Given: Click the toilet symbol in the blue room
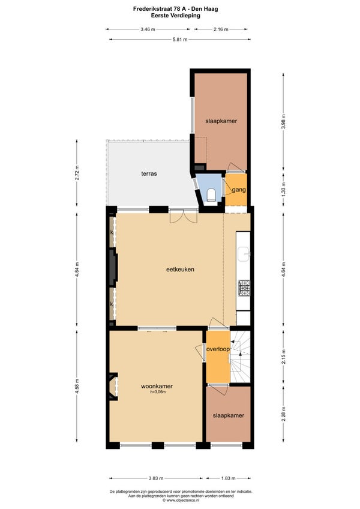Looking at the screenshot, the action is click(211, 194).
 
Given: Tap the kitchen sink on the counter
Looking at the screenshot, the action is click(243, 253).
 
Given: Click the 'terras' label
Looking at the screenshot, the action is click(149, 173).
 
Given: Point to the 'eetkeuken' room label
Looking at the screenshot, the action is click(180, 269).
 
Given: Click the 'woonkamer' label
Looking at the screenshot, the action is click(157, 387).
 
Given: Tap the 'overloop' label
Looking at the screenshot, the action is click(218, 349).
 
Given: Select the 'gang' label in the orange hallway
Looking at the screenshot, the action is click(239, 190).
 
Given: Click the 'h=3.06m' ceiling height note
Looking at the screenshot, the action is click(158, 392).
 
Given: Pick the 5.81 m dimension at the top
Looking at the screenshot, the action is click(180, 40).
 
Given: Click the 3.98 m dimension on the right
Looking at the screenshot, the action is click(283, 121).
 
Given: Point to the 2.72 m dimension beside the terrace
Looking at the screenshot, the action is click(77, 173).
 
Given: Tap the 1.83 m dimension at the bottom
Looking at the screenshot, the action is click(228, 478).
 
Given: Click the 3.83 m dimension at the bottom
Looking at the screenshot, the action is click(156, 478).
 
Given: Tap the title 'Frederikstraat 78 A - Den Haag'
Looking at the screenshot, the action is click(176, 9).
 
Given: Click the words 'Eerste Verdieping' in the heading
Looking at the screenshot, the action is click(176, 15).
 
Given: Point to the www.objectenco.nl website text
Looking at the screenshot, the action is click(181, 500).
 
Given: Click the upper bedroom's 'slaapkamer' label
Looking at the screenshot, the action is click(221, 121).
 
